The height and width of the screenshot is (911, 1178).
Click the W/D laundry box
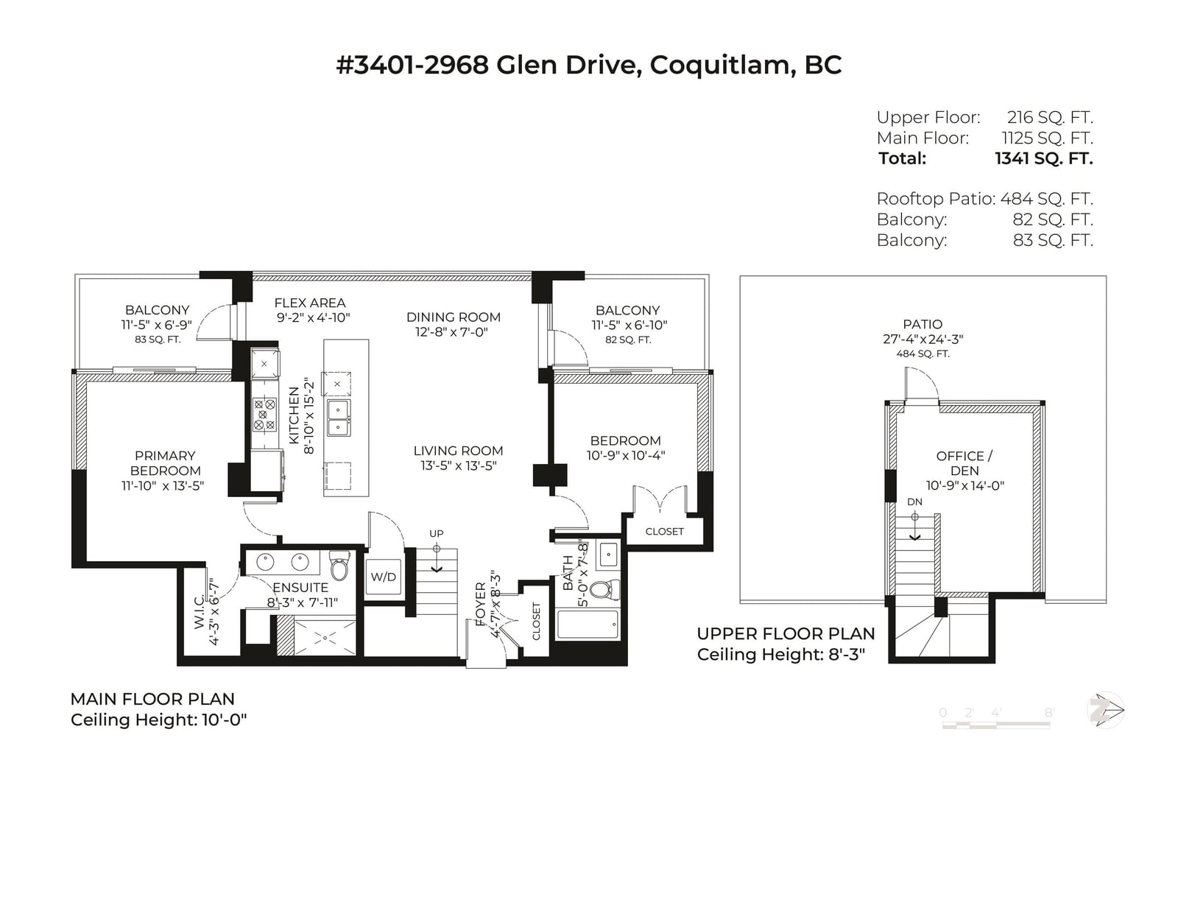coord(384,577)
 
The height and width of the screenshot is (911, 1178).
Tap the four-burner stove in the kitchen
coord(264,415)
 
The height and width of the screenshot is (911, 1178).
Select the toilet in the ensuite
coord(340,566)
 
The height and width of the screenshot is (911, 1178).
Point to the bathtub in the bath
coord(588,625)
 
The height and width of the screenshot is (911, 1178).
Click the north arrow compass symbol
coord(1105,710)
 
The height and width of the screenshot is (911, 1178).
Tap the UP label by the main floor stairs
coord(437,534)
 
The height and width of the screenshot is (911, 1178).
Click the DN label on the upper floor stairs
coord(914,502)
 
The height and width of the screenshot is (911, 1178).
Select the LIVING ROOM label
coord(458,451)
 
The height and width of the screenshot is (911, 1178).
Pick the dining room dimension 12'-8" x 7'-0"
coord(451,332)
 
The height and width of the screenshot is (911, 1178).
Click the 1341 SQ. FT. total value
coord(1044,158)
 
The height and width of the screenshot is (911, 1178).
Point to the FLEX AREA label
coord(309,303)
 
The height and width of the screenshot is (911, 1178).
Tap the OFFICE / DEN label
coord(964,463)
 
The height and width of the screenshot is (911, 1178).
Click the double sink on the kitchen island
coord(339,418)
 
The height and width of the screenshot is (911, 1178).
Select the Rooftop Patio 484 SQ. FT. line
coord(984,199)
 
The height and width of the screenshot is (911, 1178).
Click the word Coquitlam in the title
coord(723,65)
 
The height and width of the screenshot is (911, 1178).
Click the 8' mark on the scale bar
coord(1049,712)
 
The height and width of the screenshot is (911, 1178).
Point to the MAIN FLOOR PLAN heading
coord(152,699)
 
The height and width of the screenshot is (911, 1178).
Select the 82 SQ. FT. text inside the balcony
coord(628,340)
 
